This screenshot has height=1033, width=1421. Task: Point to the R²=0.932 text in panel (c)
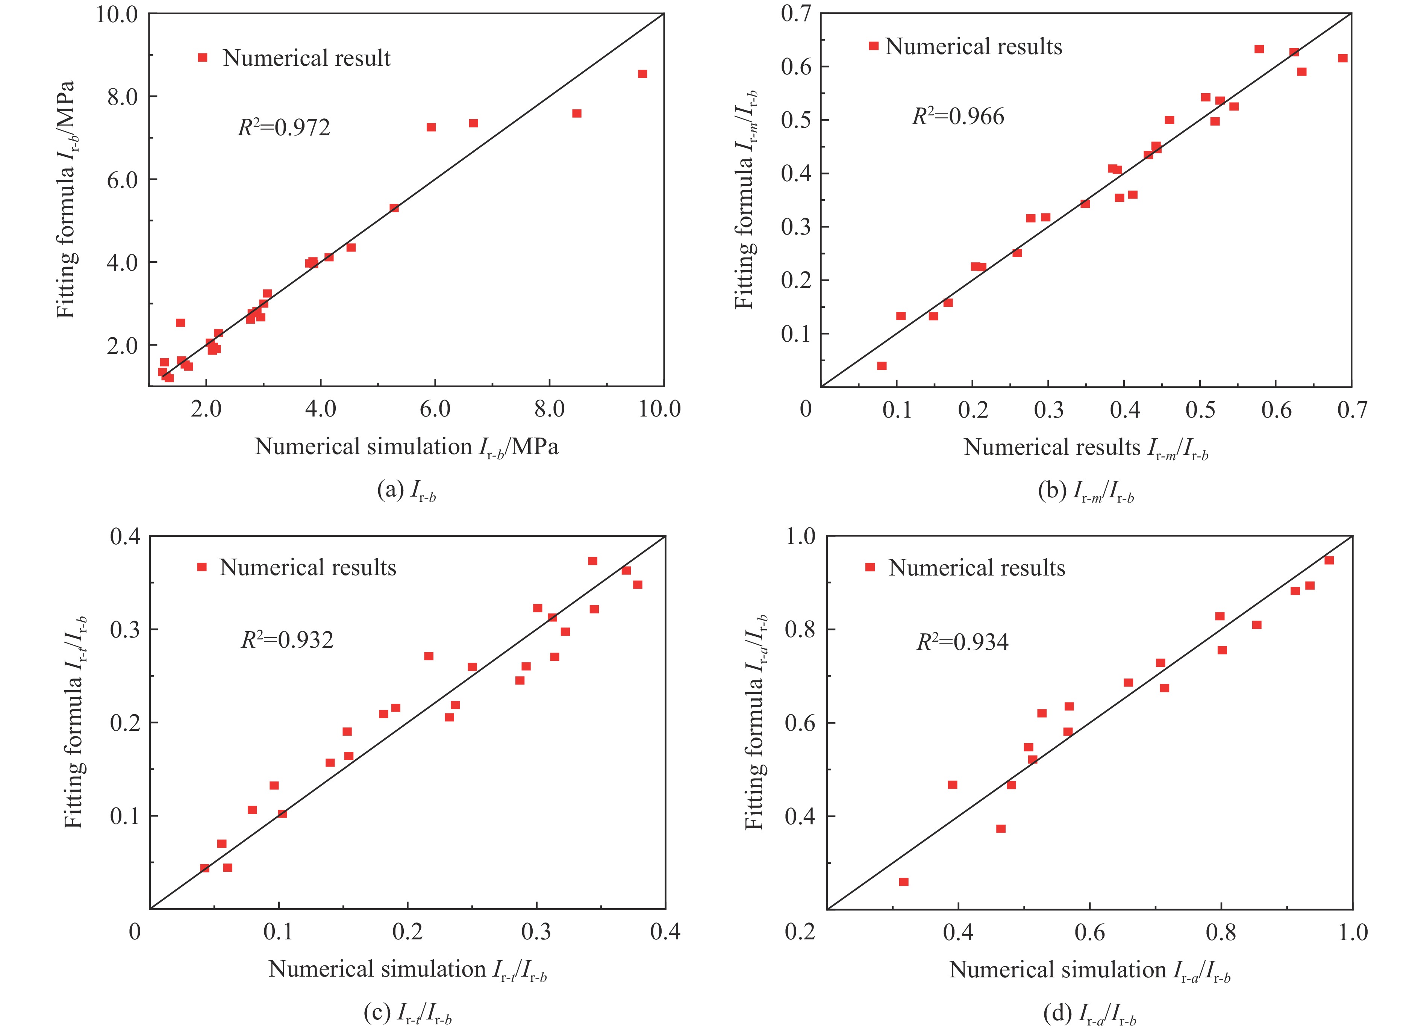288,639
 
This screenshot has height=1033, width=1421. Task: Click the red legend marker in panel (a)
202,58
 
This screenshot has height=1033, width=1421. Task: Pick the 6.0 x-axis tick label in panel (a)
435,409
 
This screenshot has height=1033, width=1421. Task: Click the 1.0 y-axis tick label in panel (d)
801,537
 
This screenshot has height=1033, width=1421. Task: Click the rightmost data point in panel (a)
642,74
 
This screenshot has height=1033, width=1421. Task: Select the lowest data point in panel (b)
882,366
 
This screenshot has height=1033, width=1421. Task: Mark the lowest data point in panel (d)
903,882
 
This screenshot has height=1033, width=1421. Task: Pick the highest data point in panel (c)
592,560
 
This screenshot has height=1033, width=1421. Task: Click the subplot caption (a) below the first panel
406,491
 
